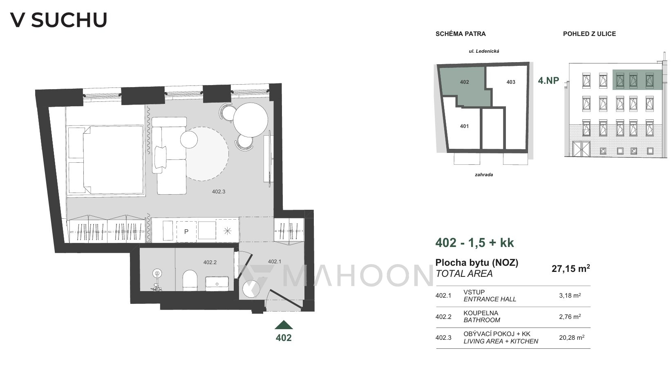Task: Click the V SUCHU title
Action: [58, 20]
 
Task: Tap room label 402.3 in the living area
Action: [218, 191]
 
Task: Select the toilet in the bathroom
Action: [190, 280]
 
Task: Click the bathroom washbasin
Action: [217, 283]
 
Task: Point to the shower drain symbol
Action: [157, 273]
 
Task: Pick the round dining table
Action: [251, 120]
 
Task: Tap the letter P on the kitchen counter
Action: [186, 231]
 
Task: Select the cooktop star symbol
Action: [227, 231]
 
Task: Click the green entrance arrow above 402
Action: [283, 325]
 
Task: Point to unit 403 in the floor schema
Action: [511, 82]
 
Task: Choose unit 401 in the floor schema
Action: [464, 126]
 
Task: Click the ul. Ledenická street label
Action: [484, 51]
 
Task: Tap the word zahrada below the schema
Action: [484, 175]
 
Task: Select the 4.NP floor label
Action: [548, 81]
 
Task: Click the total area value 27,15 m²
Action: [570, 268]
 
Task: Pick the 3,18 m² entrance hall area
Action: [570, 296]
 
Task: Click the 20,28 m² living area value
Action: [572, 337]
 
